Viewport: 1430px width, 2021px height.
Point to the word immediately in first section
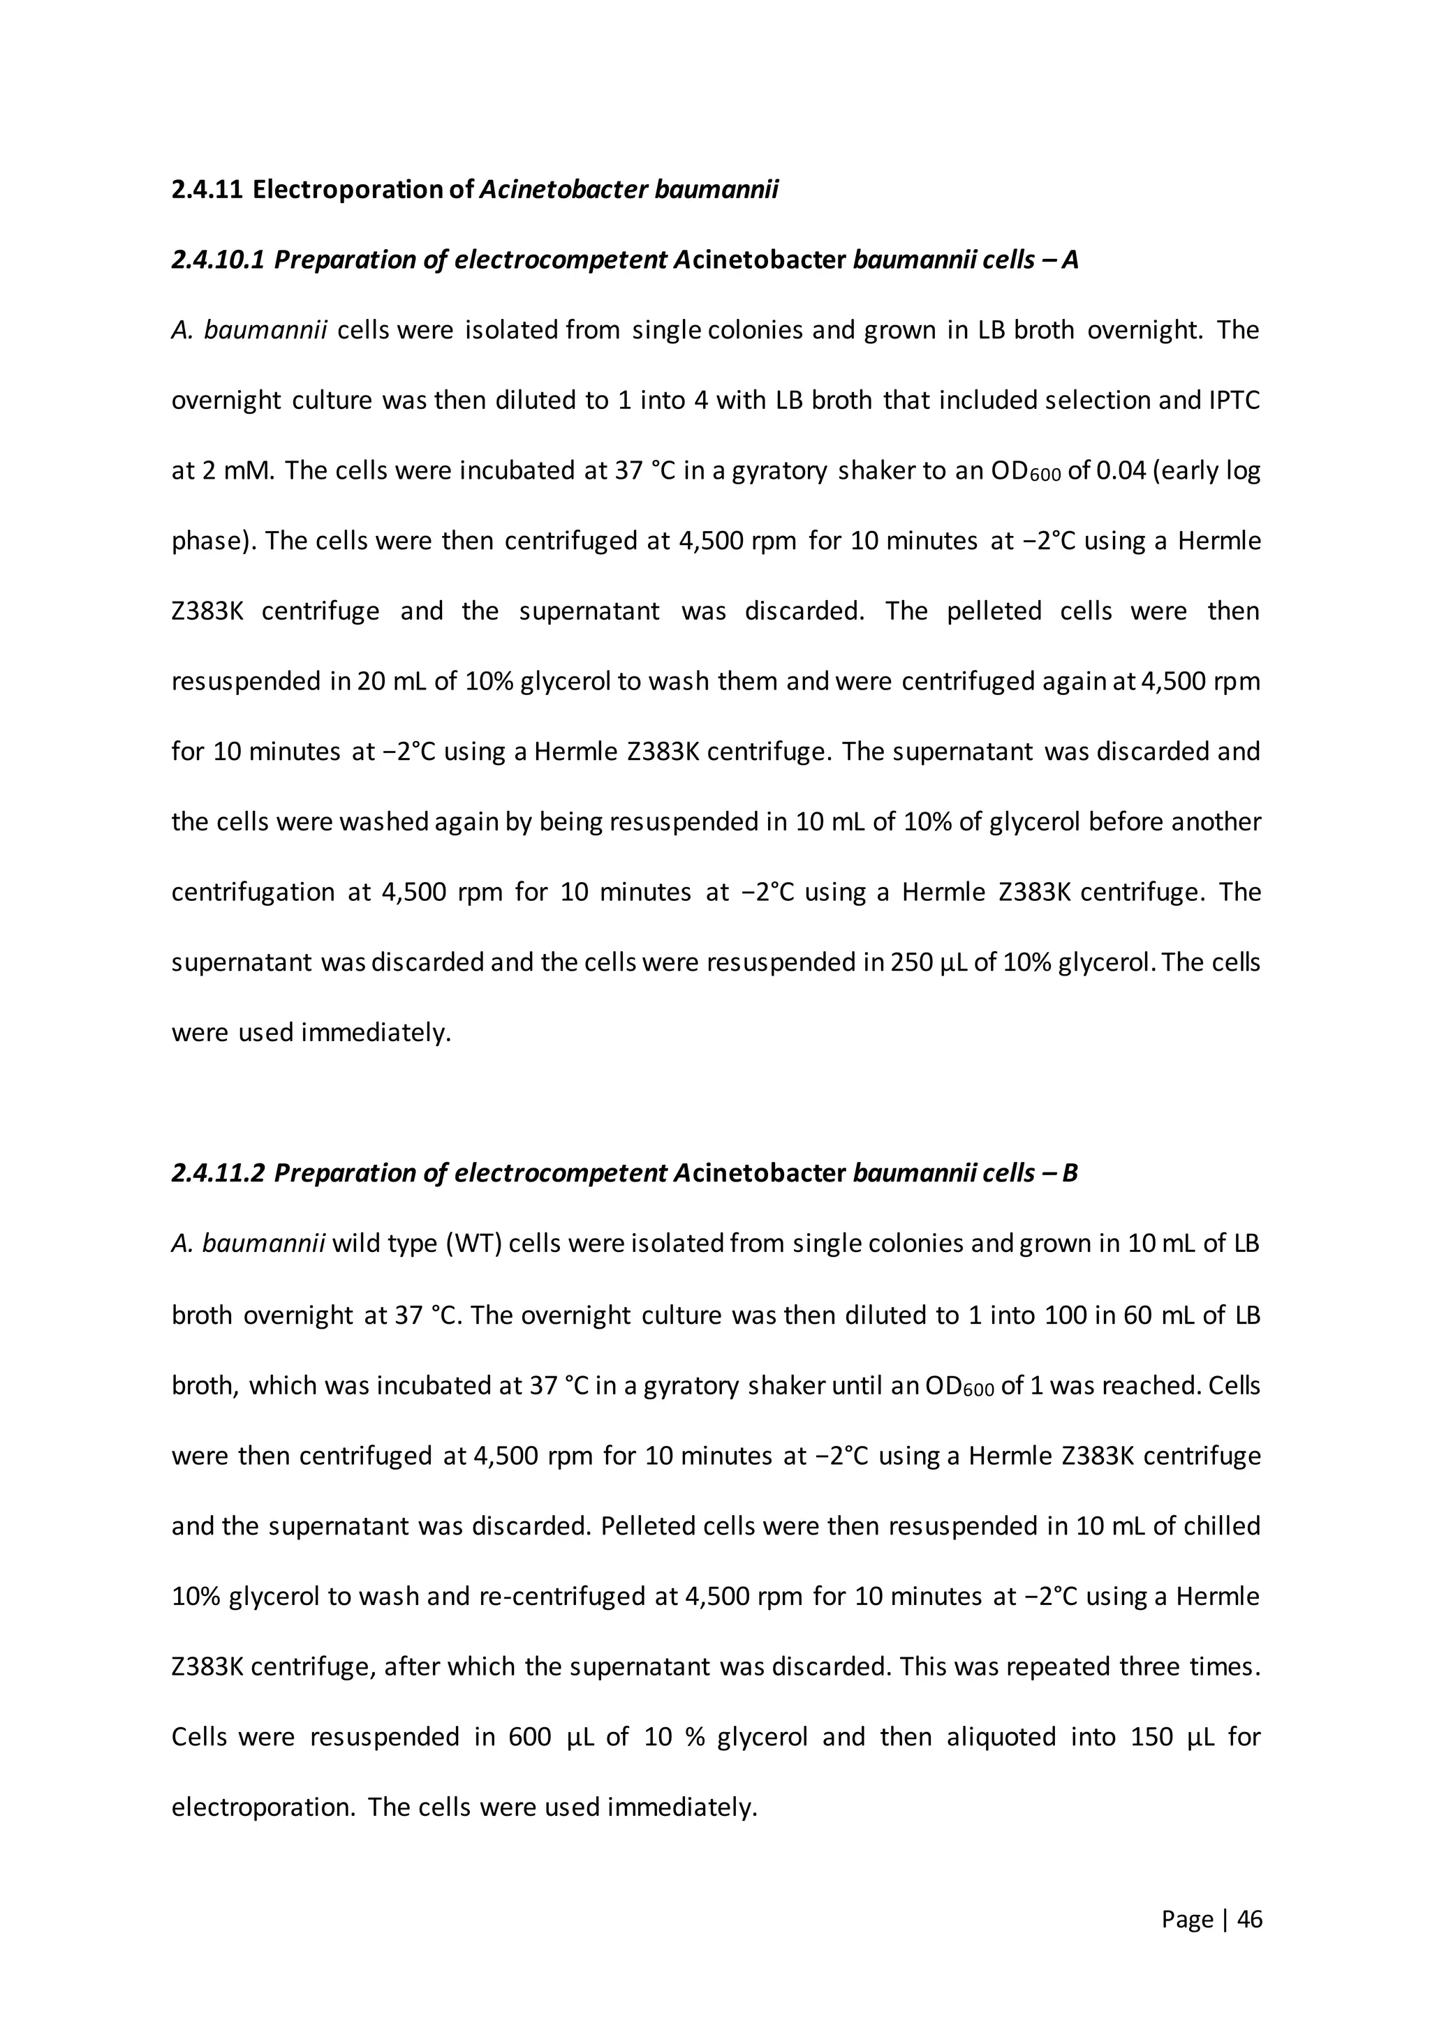click(376, 1033)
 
